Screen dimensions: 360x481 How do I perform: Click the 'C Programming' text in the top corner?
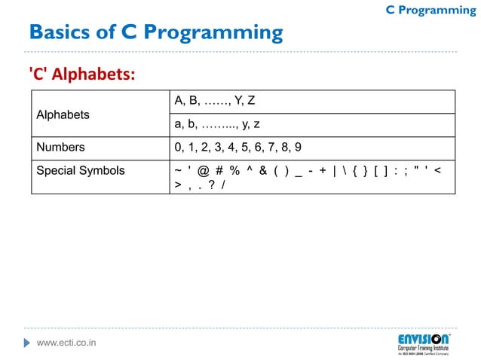coord(430,10)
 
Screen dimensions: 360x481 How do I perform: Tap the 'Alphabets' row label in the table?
coord(63,114)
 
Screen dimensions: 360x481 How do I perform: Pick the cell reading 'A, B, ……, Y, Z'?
coord(215,101)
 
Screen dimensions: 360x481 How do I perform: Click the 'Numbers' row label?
coord(61,147)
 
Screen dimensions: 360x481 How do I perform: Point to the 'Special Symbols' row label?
coord(81,170)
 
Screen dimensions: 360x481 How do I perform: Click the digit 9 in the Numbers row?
coord(298,147)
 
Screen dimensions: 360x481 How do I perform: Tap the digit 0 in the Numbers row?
coord(177,147)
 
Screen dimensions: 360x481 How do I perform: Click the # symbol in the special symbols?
coord(218,171)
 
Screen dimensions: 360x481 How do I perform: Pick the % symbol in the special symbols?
coord(234,171)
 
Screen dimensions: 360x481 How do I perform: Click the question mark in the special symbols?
coord(211,185)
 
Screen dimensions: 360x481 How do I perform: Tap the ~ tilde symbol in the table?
coord(177,171)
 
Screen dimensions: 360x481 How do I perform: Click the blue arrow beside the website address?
coord(29,343)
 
